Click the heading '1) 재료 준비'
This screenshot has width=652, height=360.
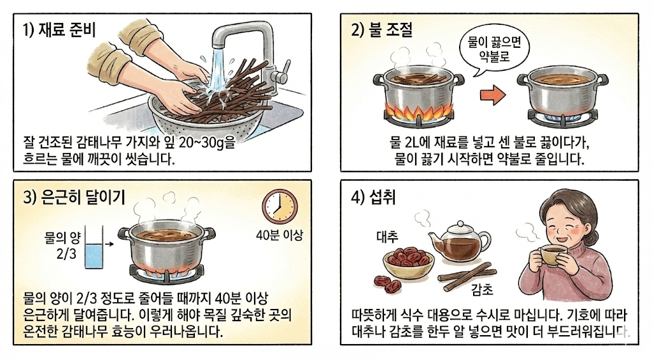[x=59, y=30]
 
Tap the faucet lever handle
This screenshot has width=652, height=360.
[x=285, y=69]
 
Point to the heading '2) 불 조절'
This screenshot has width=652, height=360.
[x=381, y=30]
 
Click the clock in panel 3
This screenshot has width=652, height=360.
[x=280, y=207]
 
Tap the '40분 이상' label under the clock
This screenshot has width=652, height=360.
[x=280, y=236]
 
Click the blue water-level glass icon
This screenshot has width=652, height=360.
[x=94, y=247]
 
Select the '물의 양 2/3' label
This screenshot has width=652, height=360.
[x=62, y=245]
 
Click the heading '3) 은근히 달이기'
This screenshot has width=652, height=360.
[x=74, y=197]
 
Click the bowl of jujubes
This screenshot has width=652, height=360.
[x=408, y=263]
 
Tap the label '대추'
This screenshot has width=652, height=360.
[x=386, y=237]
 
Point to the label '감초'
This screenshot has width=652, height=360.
[x=482, y=289]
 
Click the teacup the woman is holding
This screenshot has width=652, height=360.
[x=550, y=254]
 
